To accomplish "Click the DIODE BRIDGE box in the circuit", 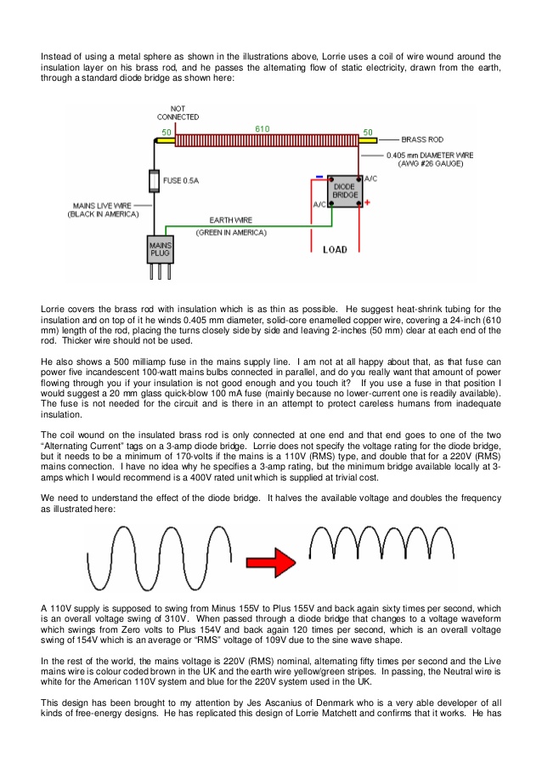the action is [345, 191].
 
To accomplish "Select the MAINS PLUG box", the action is [161, 249].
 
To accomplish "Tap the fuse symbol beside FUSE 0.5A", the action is [154, 181].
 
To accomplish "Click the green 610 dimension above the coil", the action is [263, 128].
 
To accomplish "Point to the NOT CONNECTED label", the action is [178, 112].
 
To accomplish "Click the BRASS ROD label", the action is [422, 139].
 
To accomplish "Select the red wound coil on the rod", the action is [267, 140].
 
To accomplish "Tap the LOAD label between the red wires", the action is [335, 250].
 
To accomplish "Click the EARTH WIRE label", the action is [231, 220].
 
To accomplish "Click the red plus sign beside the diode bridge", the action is [367, 202].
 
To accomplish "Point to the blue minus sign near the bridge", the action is [319, 177].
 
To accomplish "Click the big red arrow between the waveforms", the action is [271, 562].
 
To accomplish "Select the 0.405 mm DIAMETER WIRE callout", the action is [430, 159].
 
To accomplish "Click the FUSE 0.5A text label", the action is [181, 181].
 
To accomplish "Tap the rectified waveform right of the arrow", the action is [381, 543].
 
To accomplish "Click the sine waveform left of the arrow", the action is [159, 558].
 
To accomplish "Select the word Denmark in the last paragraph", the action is [344, 703].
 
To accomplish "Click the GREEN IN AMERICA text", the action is [231, 233].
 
